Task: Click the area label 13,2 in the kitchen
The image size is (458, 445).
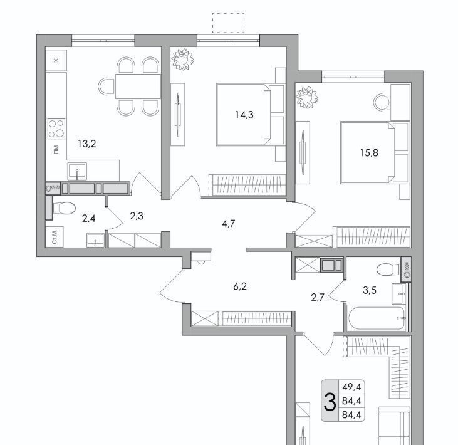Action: point(86,144)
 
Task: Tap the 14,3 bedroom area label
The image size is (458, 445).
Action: point(244,115)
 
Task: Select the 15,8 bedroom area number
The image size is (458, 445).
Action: point(369,152)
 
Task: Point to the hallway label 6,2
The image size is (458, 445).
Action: point(240,286)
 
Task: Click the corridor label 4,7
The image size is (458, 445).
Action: point(229,224)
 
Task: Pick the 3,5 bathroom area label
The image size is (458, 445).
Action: point(370,290)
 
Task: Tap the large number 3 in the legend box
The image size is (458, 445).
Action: point(330,402)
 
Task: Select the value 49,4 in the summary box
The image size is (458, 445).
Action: point(351,387)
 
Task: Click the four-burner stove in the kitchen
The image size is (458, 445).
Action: point(56,128)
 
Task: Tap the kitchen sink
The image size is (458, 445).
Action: point(77,171)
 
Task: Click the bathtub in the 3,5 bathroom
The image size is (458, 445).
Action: point(377,318)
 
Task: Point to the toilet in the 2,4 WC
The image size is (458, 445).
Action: point(65,208)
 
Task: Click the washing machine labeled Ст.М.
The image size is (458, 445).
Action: point(55,237)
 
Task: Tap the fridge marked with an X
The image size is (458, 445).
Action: point(56,60)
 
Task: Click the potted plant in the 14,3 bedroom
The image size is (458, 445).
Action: point(182,60)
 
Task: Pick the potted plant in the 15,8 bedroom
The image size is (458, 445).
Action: point(306,97)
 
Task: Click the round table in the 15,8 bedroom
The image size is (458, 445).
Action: point(382,102)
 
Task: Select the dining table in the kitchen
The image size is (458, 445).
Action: point(138,86)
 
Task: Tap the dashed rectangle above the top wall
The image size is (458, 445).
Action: point(228,23)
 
